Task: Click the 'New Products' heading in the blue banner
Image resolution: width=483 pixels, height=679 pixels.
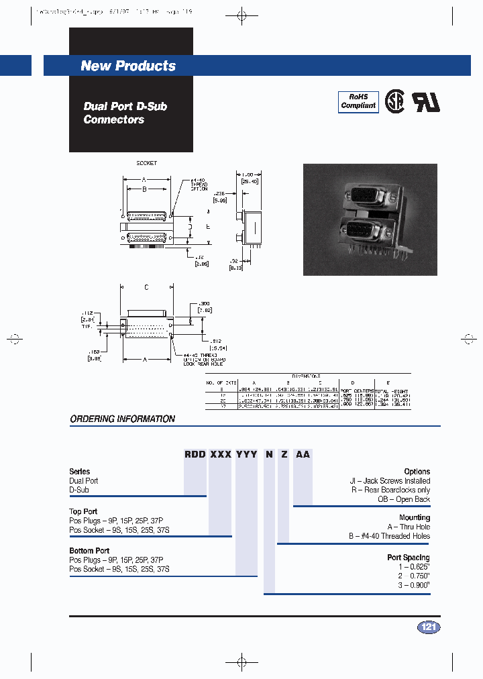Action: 128,66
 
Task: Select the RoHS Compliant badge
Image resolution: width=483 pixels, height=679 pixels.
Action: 358,101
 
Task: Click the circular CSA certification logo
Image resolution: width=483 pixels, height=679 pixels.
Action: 394,102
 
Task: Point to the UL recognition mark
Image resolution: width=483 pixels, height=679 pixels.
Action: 425,101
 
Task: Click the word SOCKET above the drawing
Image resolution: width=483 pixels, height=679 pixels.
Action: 146,163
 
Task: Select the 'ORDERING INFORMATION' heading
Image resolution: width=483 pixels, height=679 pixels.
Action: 123,419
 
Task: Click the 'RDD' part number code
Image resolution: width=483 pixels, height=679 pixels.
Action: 196,454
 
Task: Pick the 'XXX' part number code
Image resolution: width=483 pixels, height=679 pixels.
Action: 221,454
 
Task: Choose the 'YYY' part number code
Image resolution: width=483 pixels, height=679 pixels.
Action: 246,454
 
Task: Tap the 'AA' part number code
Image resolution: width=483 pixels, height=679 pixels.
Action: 303,454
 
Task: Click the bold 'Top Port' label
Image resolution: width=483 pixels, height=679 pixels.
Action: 84,512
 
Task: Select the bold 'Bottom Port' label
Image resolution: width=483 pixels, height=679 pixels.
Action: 89,551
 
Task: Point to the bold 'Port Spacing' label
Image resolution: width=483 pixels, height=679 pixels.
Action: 408,558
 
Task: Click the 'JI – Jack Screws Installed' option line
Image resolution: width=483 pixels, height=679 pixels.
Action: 389,481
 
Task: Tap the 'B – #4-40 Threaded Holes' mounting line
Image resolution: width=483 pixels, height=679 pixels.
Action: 389,536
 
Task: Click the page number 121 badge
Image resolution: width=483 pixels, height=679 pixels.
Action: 429,627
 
